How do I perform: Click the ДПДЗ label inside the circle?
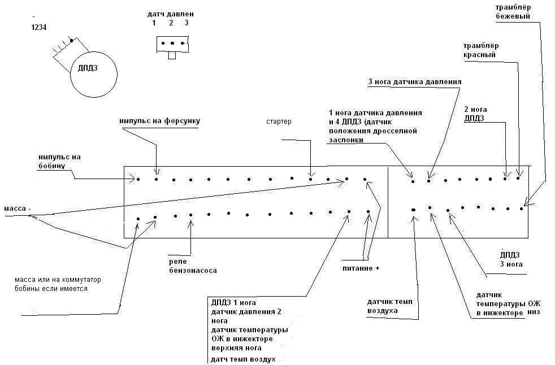(88, 68)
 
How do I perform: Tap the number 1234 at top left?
(39, 27)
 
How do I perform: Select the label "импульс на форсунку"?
(159, 121)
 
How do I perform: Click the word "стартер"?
(279, 121)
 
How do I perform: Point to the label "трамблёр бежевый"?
(513, 12)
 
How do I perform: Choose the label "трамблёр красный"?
(481, 50)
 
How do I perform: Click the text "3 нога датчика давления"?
(415, 82)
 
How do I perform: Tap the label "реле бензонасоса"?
(193, 266)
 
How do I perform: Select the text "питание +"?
(361, 268)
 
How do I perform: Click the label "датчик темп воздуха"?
(390, 306)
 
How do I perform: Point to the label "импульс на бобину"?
(60, 162)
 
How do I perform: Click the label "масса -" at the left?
(18, 208)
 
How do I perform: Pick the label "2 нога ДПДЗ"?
(475, 114)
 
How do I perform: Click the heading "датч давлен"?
(171, 15)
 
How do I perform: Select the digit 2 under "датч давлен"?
(171, 23)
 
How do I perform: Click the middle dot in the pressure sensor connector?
(172, 43)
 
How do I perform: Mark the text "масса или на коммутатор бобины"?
(58, 284)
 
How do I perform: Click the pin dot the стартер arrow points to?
(310, 179)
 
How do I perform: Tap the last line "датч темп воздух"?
(243, 359)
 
